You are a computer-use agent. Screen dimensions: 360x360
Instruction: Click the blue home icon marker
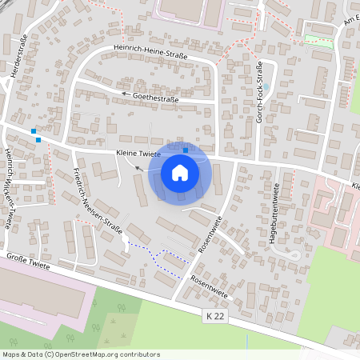pos(180,173)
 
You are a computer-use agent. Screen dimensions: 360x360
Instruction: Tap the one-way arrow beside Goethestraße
pos(126,94)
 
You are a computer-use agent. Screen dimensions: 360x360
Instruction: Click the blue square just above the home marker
pos(186,150)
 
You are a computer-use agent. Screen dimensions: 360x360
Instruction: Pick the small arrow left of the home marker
pos(139,168)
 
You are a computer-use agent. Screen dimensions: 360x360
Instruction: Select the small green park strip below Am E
pos(320,40)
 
